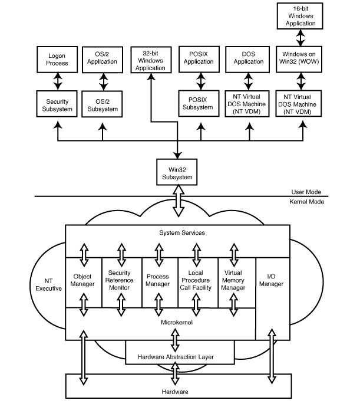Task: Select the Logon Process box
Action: pos(58,59)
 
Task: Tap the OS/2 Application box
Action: pos(103,59)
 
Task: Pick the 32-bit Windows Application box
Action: pos(151,60)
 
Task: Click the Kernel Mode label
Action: pos(307,202)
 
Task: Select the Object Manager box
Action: pos(82,281)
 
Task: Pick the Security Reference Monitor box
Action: pos(121,281)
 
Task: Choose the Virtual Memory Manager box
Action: pos(235,281)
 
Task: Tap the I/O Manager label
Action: pos(271,281)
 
